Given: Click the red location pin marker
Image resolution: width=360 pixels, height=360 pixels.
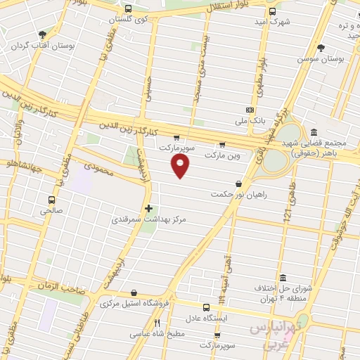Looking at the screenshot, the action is point(181,166).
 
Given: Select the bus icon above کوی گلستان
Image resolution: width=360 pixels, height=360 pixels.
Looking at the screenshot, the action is point(127,10).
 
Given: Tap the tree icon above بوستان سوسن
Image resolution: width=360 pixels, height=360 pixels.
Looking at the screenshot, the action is point(321,48).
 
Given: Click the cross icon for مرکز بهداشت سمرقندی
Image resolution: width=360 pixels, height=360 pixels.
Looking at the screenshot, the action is point(148,209).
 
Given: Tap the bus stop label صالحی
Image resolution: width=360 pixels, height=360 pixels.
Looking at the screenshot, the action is point(51,210).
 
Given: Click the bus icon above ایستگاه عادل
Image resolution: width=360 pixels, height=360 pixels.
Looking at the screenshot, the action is point(206,307).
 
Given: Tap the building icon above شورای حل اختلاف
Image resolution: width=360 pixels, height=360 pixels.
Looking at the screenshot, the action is point(283,278).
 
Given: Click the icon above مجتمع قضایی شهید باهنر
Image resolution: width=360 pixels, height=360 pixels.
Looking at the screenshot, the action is point(314,132).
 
